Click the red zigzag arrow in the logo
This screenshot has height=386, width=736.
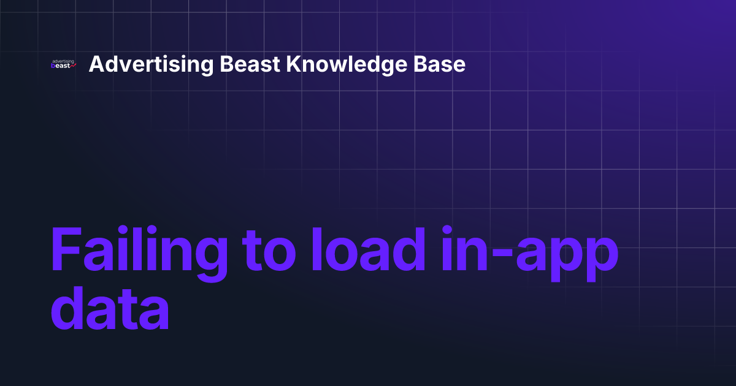point(73,66)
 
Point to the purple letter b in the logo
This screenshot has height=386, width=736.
point(54,66)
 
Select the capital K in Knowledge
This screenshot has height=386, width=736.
point(297,64)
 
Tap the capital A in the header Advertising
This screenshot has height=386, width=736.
point(96,64)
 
